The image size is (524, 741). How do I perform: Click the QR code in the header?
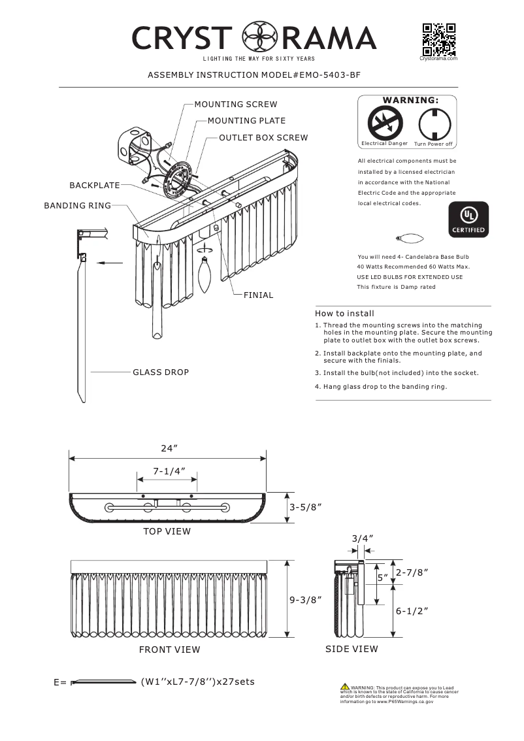[438, 39]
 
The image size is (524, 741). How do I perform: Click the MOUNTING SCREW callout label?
[235, 105]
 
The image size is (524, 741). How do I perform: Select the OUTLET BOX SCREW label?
[263, 139]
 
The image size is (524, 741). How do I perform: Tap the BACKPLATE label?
[94, 186]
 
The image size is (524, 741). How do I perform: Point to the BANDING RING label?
[77, 206]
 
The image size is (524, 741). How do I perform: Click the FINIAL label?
[258, 295]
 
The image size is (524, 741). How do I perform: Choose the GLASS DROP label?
[161, 372]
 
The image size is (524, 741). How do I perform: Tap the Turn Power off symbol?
[433, 122]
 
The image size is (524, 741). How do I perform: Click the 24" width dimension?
[169, 448]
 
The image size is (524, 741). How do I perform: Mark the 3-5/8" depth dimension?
[305, 507]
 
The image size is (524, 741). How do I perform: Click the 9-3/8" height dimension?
[305, 600]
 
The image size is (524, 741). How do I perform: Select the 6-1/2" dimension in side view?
[412, 611]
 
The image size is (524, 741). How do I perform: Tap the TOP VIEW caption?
[167, 531]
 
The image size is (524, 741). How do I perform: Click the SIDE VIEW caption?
[352, 649]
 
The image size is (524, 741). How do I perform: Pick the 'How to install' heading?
[344, 314]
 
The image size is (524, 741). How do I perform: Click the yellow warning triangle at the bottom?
[344, 687]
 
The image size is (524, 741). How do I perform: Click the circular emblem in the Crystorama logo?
[257, 38]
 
